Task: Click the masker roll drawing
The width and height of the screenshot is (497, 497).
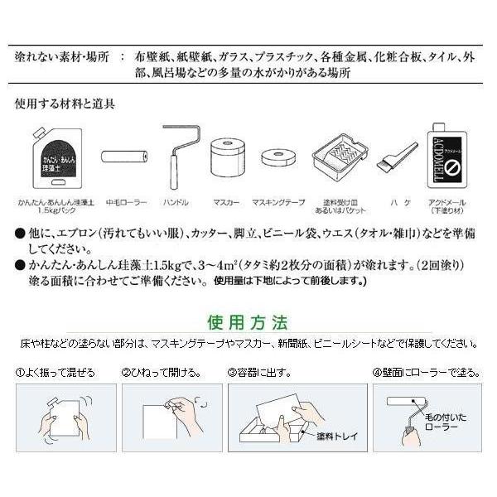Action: [x=228, y=159]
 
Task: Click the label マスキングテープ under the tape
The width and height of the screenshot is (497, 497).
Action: [x=278, y=202]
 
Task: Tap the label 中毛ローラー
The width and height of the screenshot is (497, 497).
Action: [x=125, y=202]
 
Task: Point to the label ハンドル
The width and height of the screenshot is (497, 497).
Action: [x=177, y=202]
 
